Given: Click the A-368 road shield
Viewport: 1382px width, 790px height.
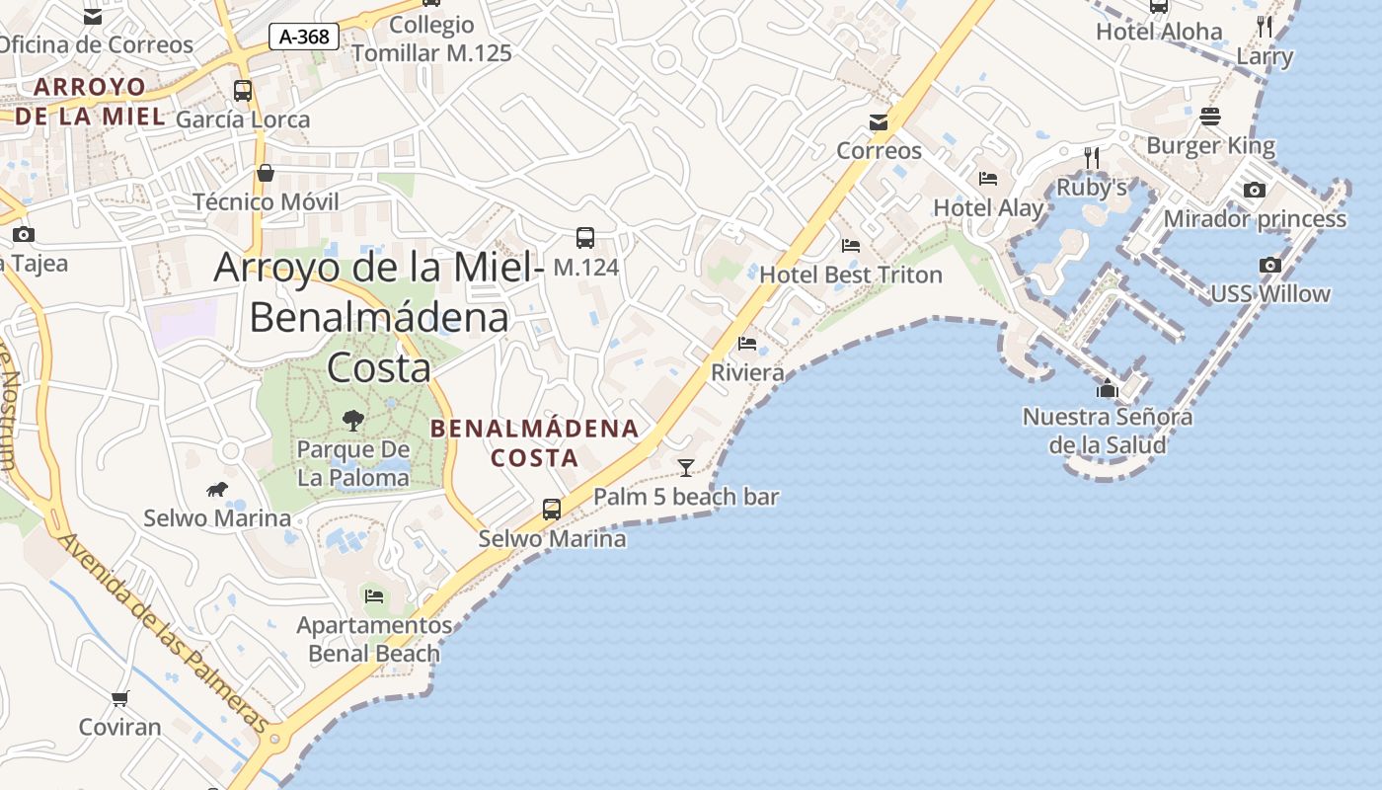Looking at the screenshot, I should pos(304,38).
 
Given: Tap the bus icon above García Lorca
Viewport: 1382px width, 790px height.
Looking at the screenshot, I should pos(243,91).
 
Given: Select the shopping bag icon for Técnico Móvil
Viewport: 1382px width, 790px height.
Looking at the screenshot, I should pos(266,174).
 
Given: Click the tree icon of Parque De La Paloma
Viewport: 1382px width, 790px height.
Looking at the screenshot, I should pos(352,421).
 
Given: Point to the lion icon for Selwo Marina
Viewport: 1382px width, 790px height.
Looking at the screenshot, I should pos(217,490).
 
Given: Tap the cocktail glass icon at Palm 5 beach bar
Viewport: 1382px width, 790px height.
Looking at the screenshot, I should pos(686,467).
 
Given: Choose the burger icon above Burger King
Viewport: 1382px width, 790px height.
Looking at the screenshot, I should pos(1210,118).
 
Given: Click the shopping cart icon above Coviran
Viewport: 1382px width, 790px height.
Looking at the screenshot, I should pos(119,699).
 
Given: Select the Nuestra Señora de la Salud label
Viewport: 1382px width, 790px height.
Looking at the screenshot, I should pos(1107,431).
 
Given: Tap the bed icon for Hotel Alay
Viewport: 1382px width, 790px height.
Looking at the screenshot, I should pos(988,179).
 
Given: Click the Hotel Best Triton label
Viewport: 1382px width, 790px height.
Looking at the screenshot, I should pos(851,275).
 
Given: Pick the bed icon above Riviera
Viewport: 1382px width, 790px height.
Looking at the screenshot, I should pos(747,344).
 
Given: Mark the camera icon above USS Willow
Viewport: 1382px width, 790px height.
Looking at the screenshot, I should pos(1270,265).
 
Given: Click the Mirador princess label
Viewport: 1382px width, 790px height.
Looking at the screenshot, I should pos(1255,219).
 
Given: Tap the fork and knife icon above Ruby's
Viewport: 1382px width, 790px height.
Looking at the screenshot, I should pos(1091,158).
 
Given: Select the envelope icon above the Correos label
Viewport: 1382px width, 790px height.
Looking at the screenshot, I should pos(879,122).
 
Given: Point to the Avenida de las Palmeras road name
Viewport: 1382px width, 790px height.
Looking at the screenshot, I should pos(162,632).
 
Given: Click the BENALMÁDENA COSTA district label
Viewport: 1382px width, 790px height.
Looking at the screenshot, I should pos(535,443).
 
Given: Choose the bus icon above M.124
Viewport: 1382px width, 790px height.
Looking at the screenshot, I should pos(585,238).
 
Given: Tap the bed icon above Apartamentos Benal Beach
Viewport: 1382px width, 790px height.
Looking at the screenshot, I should pos(374,595).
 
